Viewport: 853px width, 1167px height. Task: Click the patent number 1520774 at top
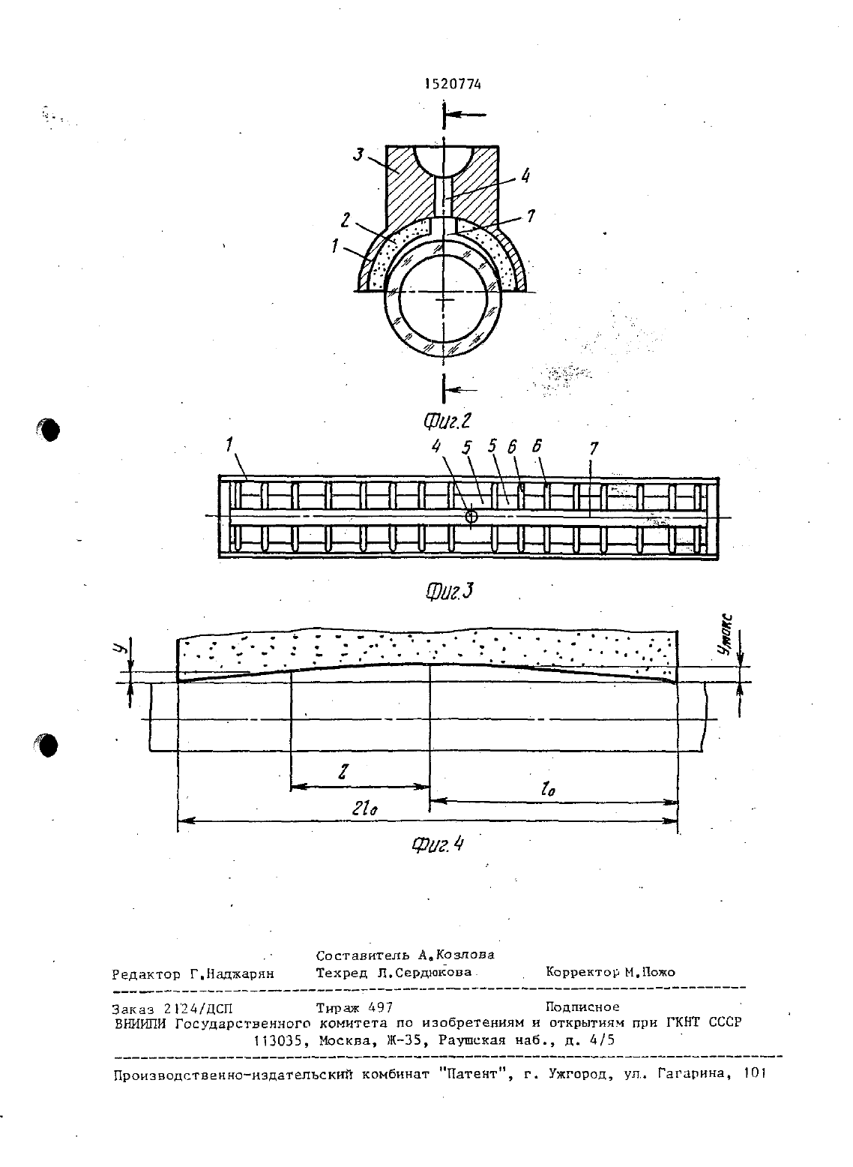[453, 85]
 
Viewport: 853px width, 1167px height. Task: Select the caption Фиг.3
[450, 591]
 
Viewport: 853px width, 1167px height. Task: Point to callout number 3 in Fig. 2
[359, 154]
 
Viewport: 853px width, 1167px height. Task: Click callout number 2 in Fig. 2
[345, 221]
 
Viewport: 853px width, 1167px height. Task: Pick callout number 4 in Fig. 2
[525, 176]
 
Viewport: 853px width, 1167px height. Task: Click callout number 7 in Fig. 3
[594, 448]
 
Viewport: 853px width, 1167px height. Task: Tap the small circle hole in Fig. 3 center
[471, 516]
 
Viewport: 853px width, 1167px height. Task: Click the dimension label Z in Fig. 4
[342, 772]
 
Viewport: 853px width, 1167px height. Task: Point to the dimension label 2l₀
[365, 808]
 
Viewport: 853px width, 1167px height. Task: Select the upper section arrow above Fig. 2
[465, 115]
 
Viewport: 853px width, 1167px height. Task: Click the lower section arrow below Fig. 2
[462, 389]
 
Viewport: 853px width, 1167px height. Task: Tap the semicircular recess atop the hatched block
[443, 161]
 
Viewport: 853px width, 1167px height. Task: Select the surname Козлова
[465, 955]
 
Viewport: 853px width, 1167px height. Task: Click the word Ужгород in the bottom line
[577, 1074]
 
